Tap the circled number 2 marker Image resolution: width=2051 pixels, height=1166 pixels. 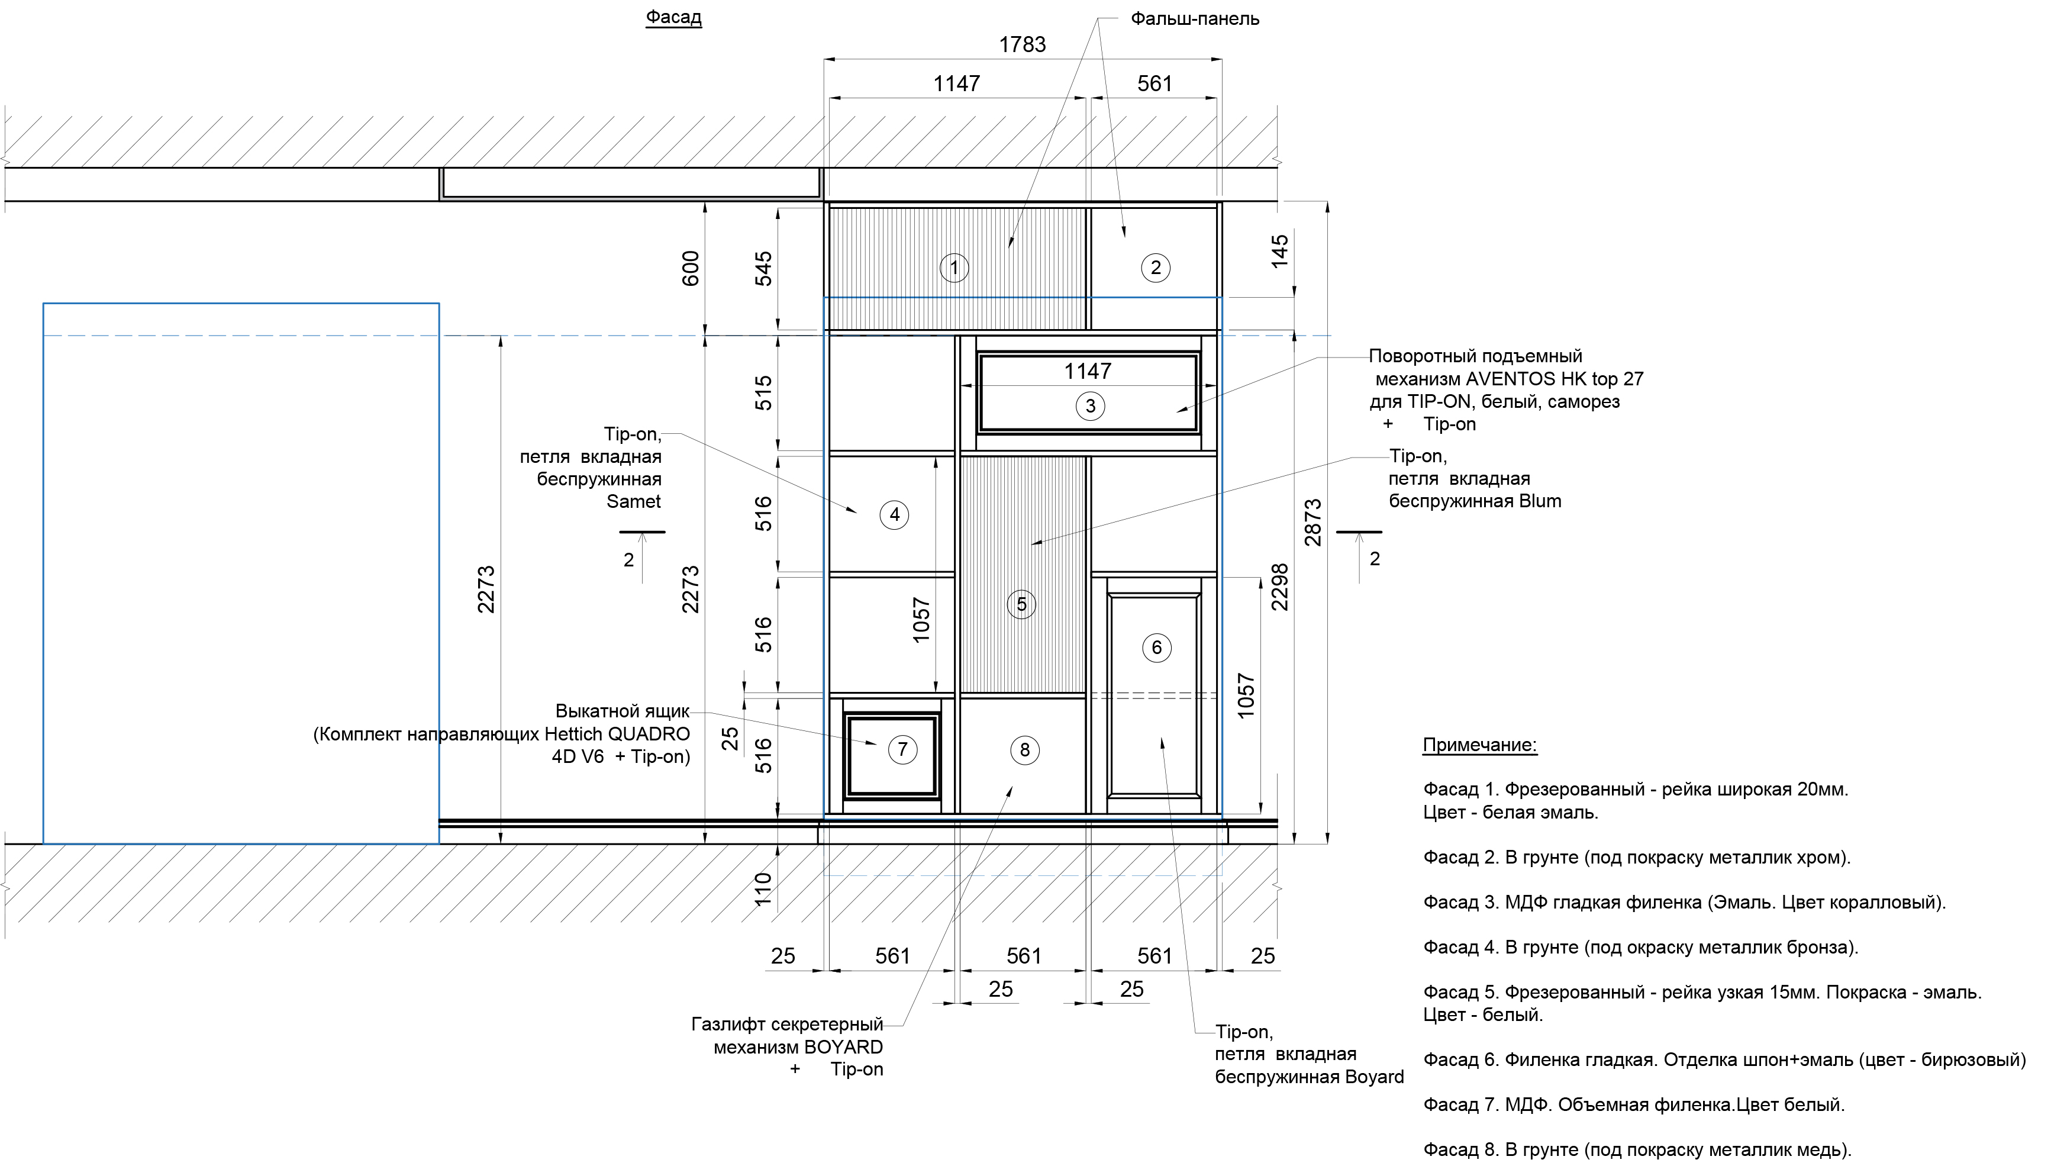tap(1155, 268)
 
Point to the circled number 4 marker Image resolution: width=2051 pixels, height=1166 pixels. tap(894, 515)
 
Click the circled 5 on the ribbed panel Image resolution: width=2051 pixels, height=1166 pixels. tap(1021, 604)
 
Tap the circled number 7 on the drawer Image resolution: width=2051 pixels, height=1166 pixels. tap(902, 749)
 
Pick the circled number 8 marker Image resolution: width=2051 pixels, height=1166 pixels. tap(1025, 751)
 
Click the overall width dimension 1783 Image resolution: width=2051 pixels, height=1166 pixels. tap(1023, 45)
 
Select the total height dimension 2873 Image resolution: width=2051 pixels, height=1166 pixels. tap(1314, 523)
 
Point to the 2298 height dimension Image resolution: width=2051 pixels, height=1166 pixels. tap(1280, 587)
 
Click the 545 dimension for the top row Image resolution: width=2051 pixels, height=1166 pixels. tap(765, 269)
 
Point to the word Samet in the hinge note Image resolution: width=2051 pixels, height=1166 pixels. tap(634, 502)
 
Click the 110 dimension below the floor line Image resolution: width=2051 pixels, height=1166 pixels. tap(763, 889)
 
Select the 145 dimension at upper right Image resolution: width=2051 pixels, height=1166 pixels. tap(1280, 250)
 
